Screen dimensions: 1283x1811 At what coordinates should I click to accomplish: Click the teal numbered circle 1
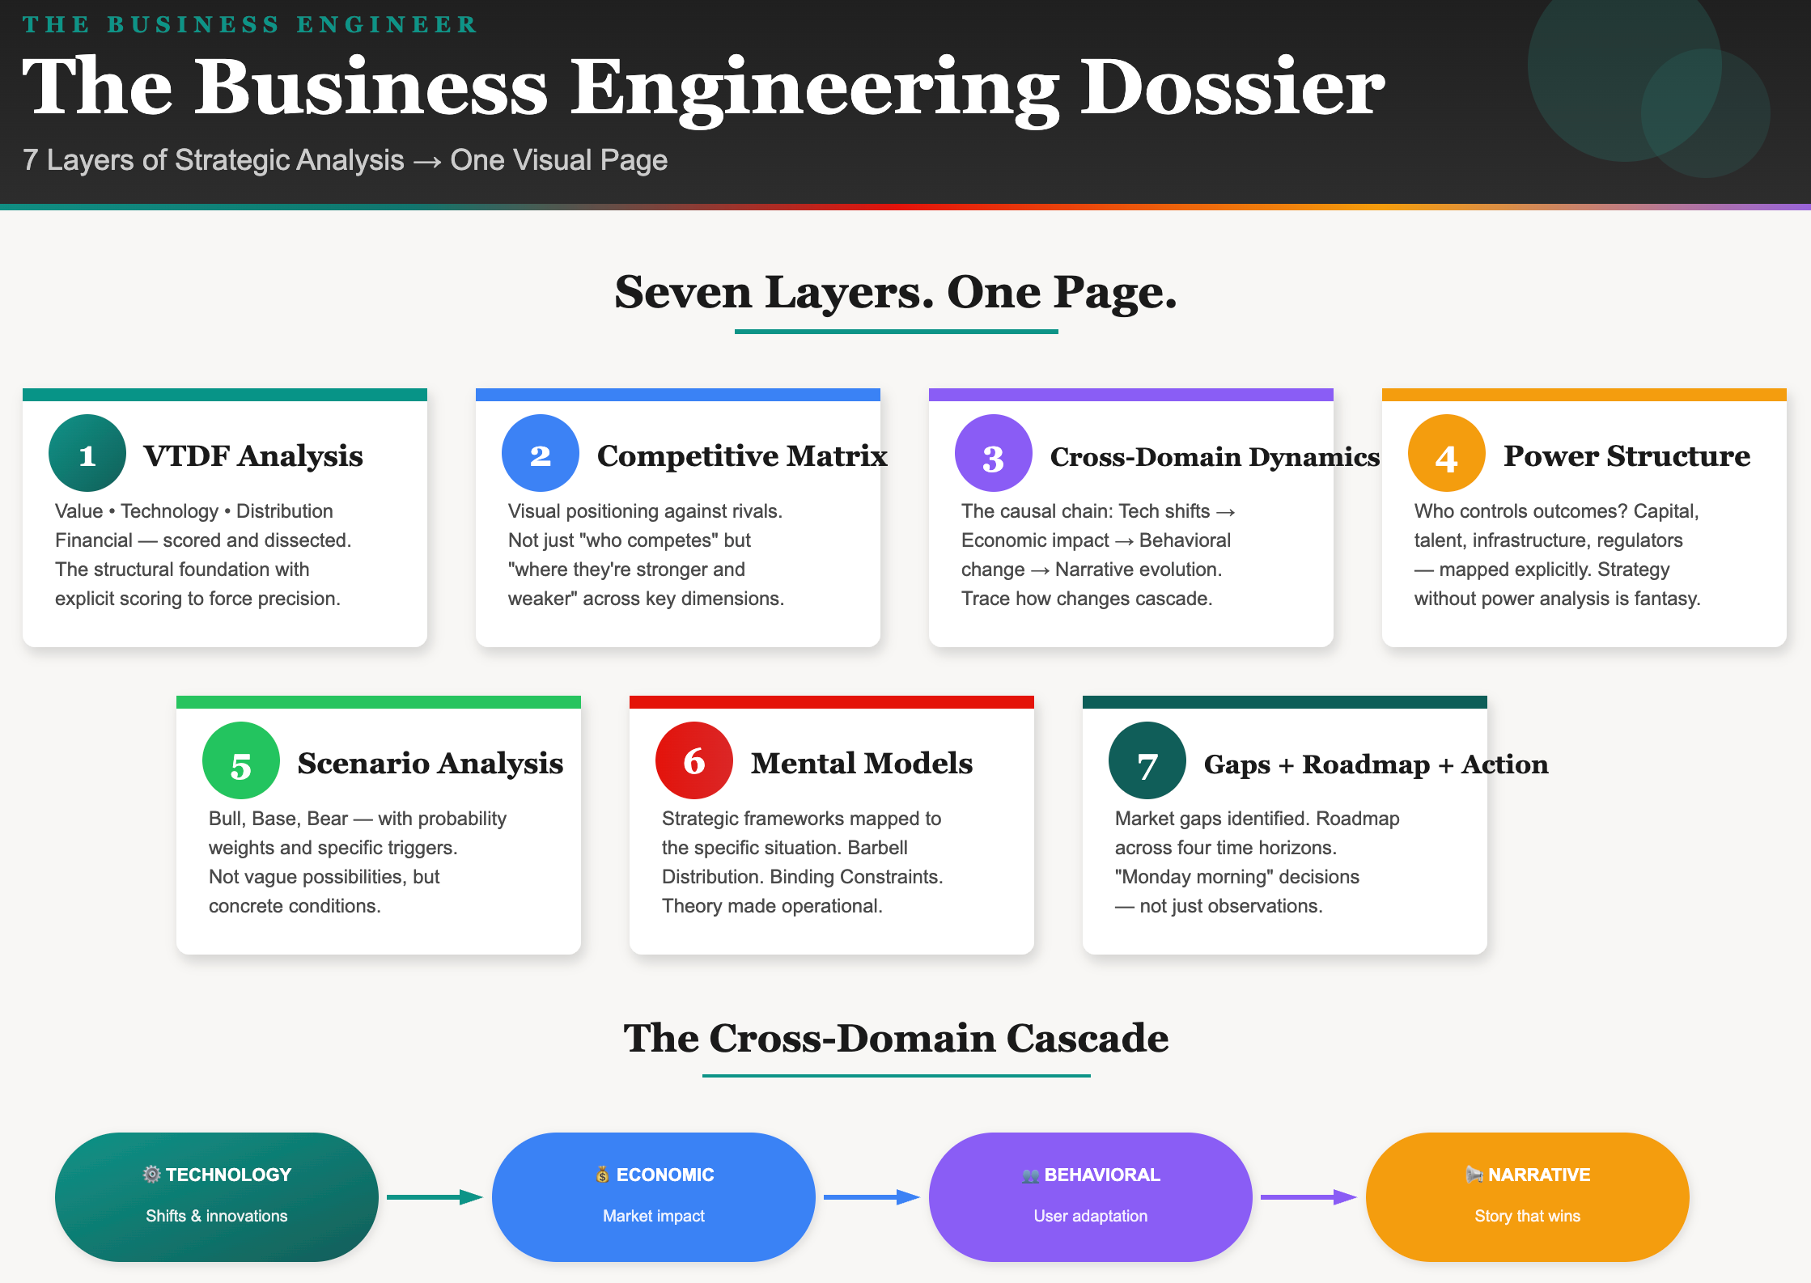(87, 453)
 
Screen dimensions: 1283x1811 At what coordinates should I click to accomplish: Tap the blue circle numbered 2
(541, 453)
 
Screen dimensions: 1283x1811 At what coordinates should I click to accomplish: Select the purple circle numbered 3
(994, 453)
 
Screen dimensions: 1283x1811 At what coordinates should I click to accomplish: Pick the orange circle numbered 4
(1447, 453)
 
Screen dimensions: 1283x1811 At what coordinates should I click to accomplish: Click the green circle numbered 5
(241, 760)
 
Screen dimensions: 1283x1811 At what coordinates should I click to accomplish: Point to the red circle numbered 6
(694, 760)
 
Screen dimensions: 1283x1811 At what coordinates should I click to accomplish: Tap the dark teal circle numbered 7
(1147, 760)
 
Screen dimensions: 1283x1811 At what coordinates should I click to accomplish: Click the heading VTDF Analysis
(253, 455)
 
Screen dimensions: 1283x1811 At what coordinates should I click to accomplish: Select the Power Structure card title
(1627, 455)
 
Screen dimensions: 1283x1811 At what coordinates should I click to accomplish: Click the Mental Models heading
(862, 763)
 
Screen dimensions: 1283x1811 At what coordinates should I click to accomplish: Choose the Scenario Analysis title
(430, 763)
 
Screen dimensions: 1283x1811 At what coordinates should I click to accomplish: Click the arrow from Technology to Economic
(435, 1197)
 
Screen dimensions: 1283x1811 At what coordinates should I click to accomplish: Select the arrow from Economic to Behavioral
(872, 1197)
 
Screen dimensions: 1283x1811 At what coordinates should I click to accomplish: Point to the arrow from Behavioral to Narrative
(1308, 1197)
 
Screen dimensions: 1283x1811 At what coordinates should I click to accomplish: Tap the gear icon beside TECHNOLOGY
(151, 1174)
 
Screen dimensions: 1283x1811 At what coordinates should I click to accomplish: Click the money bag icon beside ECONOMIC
(603, 1174)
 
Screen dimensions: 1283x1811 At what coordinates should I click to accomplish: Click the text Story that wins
(1527, 1216)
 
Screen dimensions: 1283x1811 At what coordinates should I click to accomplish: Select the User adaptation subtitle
(1090, 1216)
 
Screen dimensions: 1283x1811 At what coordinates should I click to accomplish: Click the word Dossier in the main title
(1232, 87)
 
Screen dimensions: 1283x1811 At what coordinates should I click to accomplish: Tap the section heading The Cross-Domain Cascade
(896, 1038)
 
